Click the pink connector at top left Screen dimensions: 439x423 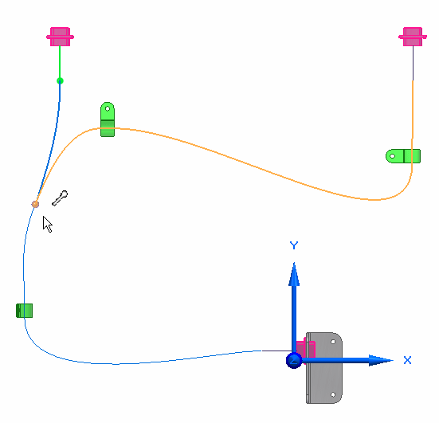[60, 37]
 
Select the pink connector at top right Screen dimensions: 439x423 [413, 37]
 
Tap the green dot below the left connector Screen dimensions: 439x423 [60, 81]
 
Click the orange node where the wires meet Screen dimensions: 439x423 [35, 204]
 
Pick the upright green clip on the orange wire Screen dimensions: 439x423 [108, 119]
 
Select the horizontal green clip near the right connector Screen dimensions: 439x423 [403, 156]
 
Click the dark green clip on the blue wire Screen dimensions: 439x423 [25, 311]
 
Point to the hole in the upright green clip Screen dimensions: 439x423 [108, 108]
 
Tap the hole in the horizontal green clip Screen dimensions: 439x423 [393, 156]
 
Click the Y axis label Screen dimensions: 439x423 [294, 245]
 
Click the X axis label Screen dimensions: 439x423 [408, 360]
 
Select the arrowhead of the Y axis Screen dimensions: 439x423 [294, 274]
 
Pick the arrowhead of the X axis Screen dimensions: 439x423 [381, 360]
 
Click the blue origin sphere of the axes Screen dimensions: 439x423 [294, 360]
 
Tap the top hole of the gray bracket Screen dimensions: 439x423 [333, 342]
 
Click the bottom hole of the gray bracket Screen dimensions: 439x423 [333, 395]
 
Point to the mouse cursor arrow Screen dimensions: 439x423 [47, 224]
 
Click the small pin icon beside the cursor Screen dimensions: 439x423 [60, 198]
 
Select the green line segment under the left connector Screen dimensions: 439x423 [60, 62]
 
